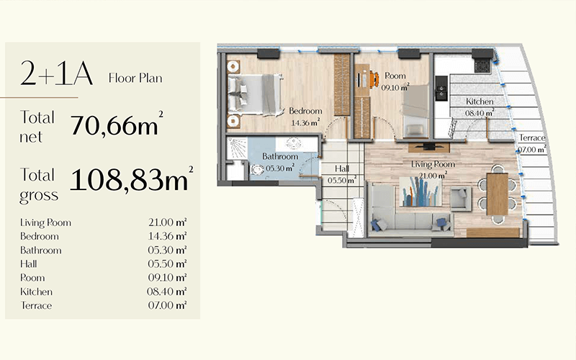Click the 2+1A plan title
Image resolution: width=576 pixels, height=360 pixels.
coord(57,73)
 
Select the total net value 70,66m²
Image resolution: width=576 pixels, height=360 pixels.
coord(117,124)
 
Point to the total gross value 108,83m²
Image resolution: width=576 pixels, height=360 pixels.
coord(132,179)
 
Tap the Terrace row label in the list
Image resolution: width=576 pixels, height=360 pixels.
coord(36,305)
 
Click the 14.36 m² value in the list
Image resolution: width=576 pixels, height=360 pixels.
coord(168,236)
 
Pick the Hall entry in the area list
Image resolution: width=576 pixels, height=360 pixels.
coord(28,264)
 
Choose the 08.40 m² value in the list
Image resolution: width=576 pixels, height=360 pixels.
coord(167,292)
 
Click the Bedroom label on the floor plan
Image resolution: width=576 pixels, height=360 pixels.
coord(305,111)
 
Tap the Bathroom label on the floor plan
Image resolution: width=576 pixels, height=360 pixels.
coord(280,156)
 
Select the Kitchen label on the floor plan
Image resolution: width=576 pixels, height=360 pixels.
coord(480,102)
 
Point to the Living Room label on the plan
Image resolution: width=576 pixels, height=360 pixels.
coord(433,164)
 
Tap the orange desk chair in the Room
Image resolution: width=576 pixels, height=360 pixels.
coord(374,79)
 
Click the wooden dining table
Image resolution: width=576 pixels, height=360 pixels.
coord(497,194)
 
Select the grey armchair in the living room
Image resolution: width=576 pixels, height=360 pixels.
coord(461,199)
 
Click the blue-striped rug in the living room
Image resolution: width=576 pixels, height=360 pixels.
coord(421,192)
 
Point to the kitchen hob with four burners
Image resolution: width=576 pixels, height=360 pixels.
coord(483,66)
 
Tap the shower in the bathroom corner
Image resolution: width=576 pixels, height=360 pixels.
coord(235,148)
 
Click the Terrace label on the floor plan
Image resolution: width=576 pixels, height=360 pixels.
coord(532,138)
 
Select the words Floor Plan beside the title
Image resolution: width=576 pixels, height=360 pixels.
coord(135,78)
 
